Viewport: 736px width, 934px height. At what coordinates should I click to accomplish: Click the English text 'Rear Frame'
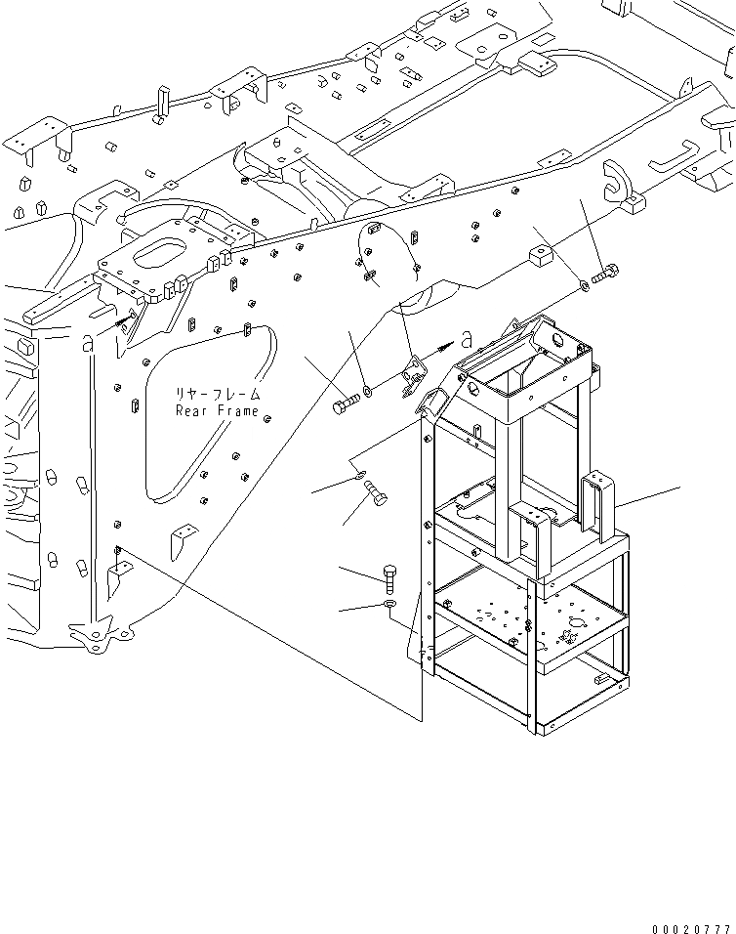click(x=217, y=411)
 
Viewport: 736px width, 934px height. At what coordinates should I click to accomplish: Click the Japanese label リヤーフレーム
click(x=217, y=394)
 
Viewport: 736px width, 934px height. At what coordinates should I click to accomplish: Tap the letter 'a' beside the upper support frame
click(x=467, y=339)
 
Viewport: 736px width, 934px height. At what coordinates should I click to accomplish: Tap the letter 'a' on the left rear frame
click(x=89, y=342)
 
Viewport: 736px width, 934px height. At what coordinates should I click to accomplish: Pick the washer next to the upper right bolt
click(x=582, y=286)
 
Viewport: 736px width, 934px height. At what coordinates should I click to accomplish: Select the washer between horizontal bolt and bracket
click(x=368, y=393)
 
